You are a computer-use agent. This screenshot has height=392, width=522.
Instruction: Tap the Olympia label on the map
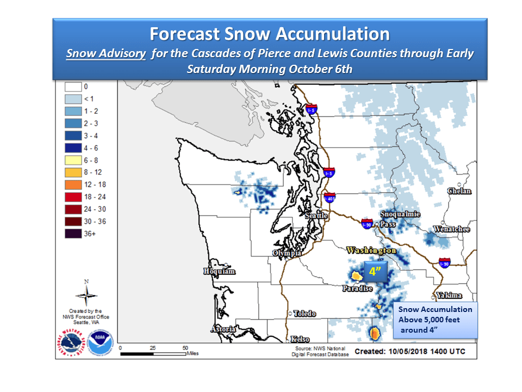click(287, 253)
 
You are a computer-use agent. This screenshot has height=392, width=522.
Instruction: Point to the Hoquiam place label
click(219, 271)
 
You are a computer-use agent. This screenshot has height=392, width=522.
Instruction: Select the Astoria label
click(223, 329)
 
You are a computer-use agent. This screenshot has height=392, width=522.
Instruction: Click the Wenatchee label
click(452, 229)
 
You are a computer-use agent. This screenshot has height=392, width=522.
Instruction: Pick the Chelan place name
click(459, 191)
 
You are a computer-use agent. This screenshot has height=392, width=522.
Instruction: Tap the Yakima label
click(449, 296)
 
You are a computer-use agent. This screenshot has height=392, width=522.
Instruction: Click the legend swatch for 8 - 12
click(74, 171)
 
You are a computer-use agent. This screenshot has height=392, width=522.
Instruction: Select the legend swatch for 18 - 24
click(74, 197)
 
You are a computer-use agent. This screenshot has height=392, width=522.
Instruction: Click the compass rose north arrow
click(86, 296)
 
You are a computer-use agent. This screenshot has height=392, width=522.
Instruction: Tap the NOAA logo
click(98, 342)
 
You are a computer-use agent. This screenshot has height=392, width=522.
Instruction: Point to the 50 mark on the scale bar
click(185, 347)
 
